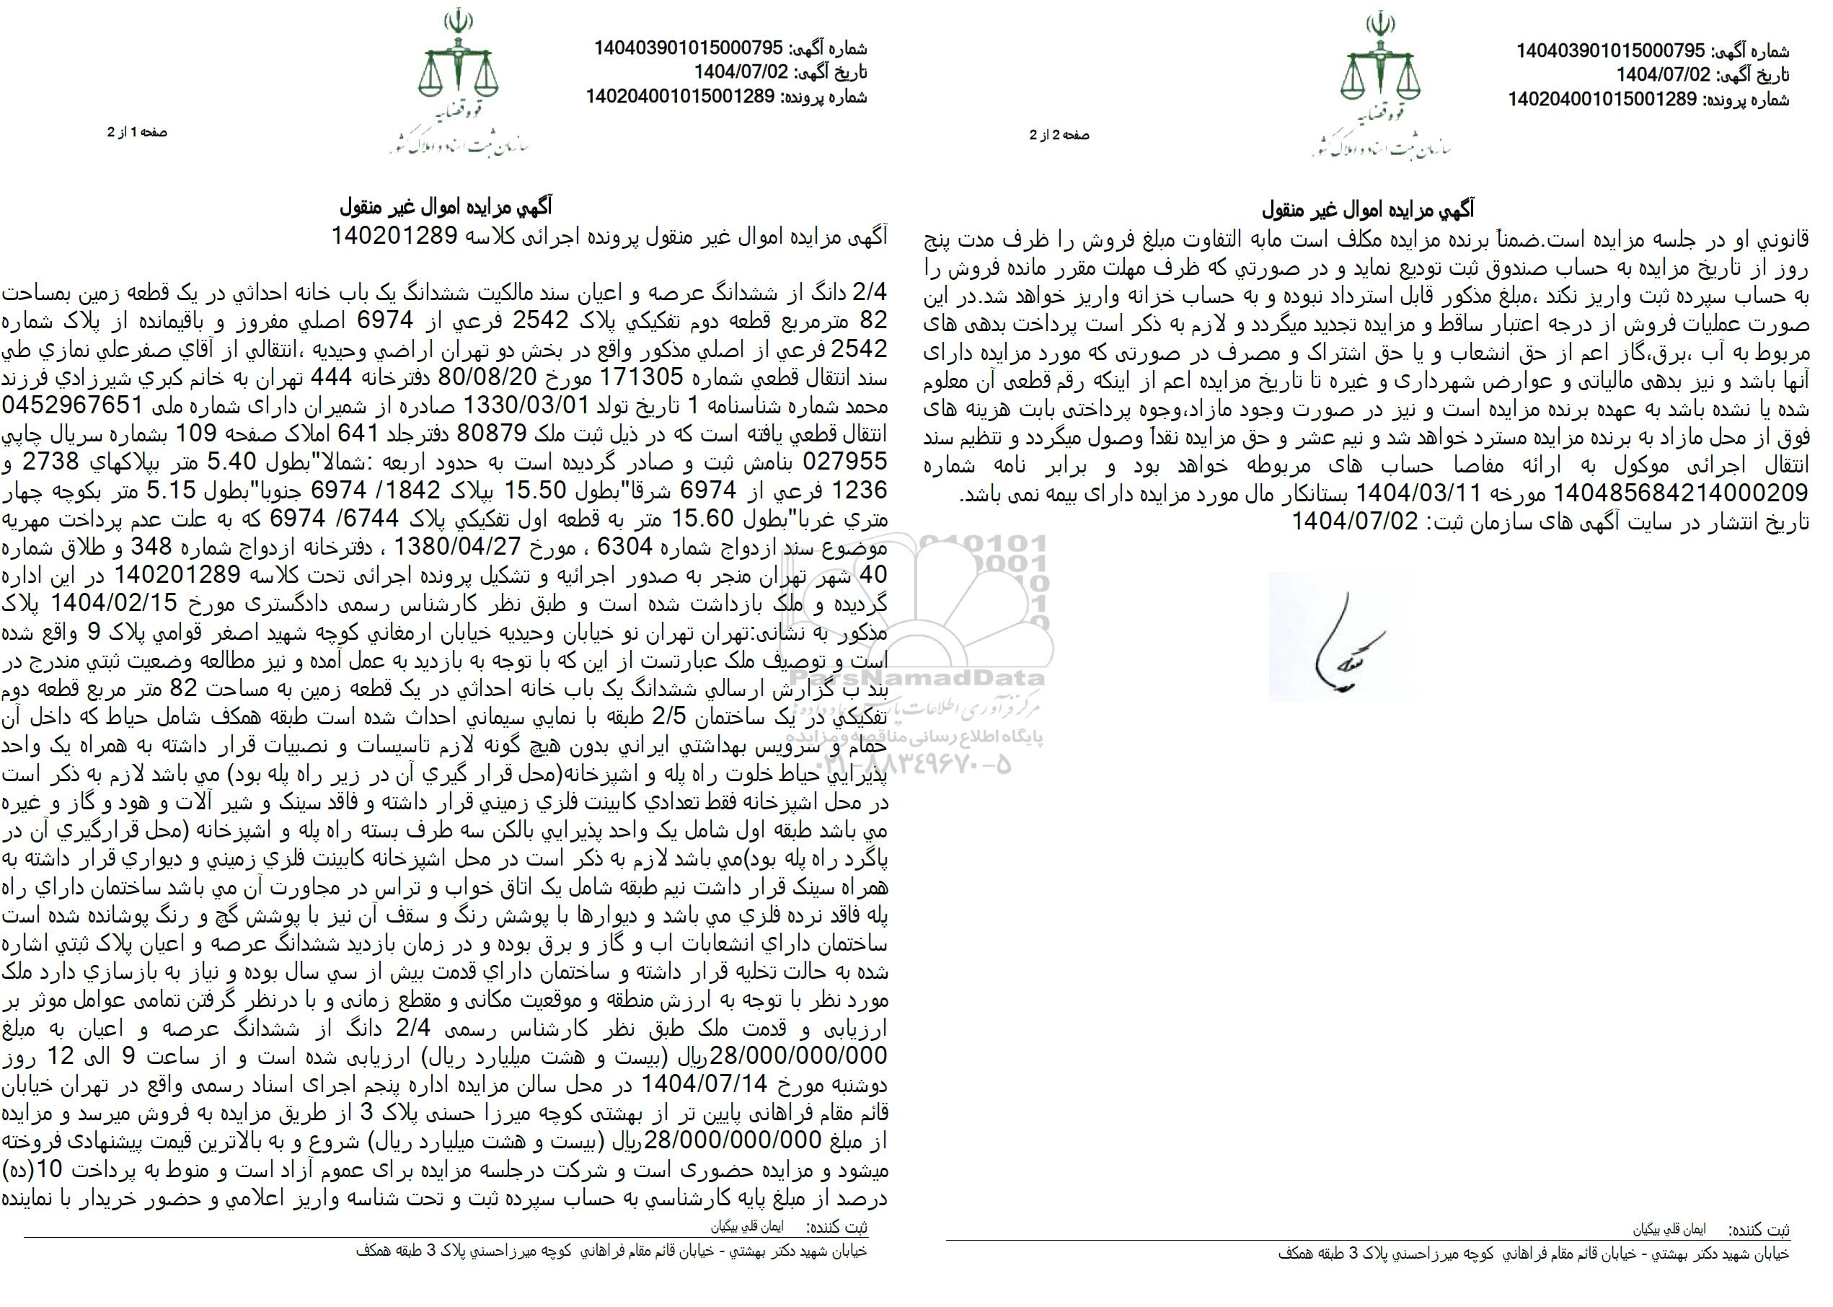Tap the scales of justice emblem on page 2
point(1380,68)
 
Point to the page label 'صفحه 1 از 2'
point(137,132)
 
